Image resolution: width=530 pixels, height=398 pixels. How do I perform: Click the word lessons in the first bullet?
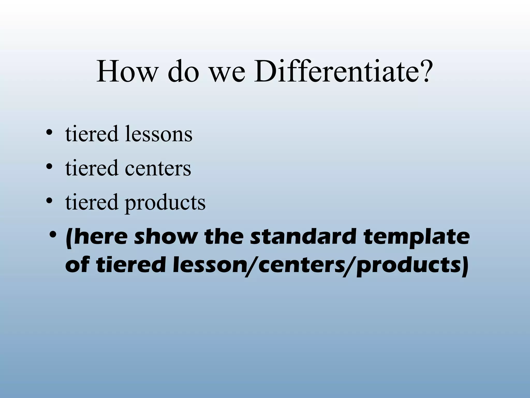pyautogui.click(x=159, y=134)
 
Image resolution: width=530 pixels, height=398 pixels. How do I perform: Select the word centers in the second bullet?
pyautogui.click(x=158, y=168)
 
